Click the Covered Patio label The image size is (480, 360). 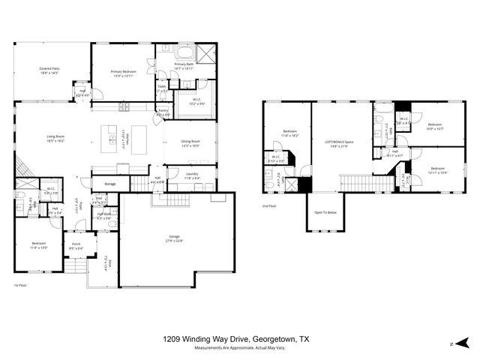pyautogui.click(x=50, y=71)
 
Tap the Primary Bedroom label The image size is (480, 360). pyautogui.click(x=123, y=73)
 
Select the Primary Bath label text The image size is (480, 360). pyautogui.click(x=184, y=66)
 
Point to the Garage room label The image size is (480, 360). pyautogui.click(x=174, y=239)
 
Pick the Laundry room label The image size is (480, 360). pyautogui.click(x=191, y=175)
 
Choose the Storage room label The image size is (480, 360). pyautogui.click(x=109, y=184)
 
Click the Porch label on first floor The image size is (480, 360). pyautogui.click(x=76, y=245)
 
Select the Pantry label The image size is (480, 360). pyautogui.click(x=163, y=112)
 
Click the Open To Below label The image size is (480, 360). pyautogui.click(x=324, y=212)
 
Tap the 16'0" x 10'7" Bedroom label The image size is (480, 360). pyautogui.click(x=436, y=127)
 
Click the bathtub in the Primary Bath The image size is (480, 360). pyautogui.click(x=184, y=52)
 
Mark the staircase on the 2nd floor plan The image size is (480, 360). pyautogui.click(x=355, y=183)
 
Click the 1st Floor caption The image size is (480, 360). pyautogui.click(x=21, y=286)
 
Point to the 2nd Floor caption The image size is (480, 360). pyautogui.click(x=270, y=205)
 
